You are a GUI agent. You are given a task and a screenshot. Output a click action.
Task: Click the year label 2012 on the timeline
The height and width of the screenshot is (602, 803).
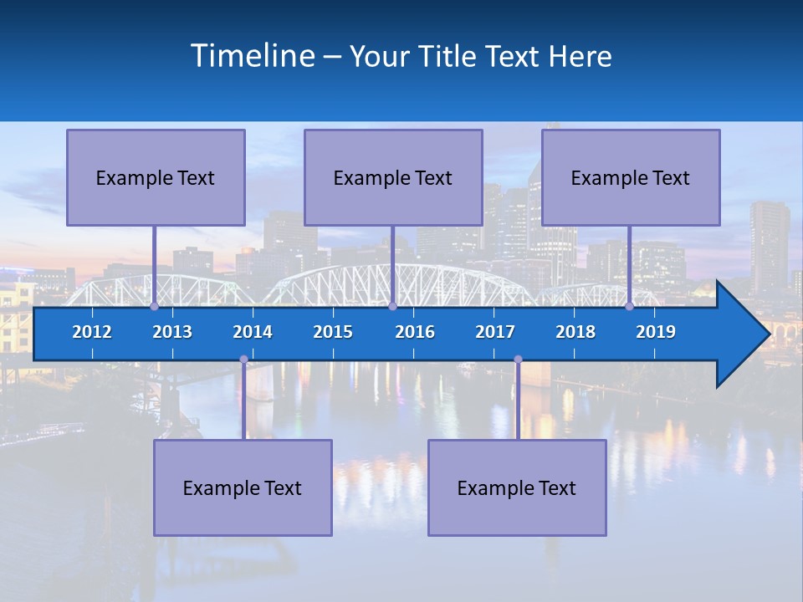(x=92, y=332)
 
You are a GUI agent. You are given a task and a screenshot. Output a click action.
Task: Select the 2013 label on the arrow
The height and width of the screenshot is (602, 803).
(x=172, y=332)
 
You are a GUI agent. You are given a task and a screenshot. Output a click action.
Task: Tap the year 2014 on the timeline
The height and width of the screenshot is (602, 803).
(x=253, y=332)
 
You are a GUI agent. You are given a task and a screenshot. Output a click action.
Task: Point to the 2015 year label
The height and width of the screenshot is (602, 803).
(x=333, y=332)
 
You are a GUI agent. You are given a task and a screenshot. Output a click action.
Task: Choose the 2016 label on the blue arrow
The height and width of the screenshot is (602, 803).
(x=415, y=332)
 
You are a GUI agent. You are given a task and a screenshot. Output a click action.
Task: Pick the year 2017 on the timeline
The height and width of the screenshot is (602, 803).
(x=495, y=332)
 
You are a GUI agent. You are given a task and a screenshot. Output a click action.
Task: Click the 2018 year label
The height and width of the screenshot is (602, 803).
(x=575, y=332)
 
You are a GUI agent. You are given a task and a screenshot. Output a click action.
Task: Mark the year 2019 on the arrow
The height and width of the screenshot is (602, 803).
(x=656, y=332)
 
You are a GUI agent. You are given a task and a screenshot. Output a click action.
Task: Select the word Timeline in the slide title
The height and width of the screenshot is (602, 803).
(x=252, y=56)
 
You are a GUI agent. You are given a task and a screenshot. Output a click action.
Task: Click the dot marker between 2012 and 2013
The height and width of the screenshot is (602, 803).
(x=154, y=307)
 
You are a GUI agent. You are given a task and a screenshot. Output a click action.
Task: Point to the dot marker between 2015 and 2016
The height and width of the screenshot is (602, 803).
(x=392, y=307)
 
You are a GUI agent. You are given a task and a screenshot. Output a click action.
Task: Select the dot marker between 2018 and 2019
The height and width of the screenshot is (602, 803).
(x=630, y=307)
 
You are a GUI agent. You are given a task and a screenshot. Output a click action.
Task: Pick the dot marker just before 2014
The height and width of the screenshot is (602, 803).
(x=243, y=360)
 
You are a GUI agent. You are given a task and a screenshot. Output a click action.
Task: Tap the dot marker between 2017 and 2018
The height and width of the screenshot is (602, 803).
(x=518, y=360)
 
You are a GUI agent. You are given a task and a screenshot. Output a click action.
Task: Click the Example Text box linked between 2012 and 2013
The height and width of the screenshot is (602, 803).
(x=156, y=177)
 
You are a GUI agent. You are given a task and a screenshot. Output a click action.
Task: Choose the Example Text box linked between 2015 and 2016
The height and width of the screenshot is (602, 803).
(x=393, y=177)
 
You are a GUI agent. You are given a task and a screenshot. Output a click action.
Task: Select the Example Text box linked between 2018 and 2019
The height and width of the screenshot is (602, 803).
(x=631, y=177)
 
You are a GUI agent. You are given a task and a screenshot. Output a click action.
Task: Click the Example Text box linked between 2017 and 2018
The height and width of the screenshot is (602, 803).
(x=517, y=487)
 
